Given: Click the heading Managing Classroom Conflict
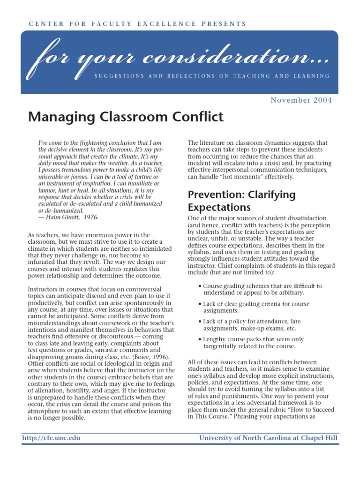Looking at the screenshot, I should coord(126,117).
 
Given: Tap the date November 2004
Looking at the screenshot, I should coord(301,100).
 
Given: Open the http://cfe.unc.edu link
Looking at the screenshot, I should coord(51,438).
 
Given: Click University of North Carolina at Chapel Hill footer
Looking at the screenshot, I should coord(268,438).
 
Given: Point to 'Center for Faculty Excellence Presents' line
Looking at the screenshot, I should coord(137,23).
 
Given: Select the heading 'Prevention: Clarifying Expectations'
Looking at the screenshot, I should coord(241,201).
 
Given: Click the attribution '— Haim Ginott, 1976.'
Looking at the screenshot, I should coord(68,217).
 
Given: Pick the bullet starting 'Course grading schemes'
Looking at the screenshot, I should coord(262,289).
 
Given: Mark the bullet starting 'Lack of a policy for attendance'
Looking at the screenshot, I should coord(252,325).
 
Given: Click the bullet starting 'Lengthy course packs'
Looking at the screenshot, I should coord(253,343).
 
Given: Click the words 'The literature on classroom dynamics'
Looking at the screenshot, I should coord(240,143).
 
